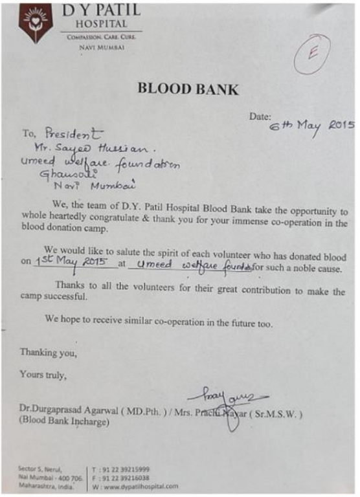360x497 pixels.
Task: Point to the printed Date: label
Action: point(260,116)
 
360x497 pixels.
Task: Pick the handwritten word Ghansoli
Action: point(62,175)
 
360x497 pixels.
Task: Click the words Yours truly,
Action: point(43,373)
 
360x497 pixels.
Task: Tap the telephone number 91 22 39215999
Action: point(117,468)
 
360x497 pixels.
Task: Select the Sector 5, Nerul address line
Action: point(39,468)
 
